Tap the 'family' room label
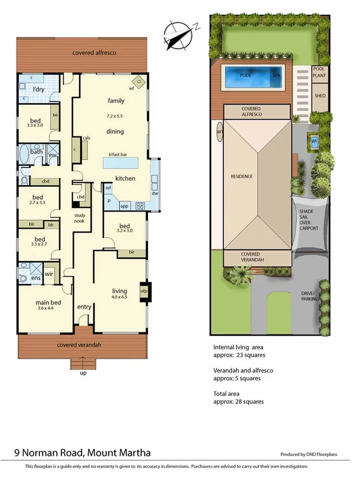click(116, 101)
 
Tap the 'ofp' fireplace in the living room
click(144, 291)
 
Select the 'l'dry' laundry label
click(38, 89)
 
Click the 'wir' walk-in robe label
click(49, 274)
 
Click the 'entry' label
click(84, 307)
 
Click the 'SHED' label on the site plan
click(320, 95)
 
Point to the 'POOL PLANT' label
click(320, 73)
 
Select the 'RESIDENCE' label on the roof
click(241, 177)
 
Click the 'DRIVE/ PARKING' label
click(308, 296)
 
